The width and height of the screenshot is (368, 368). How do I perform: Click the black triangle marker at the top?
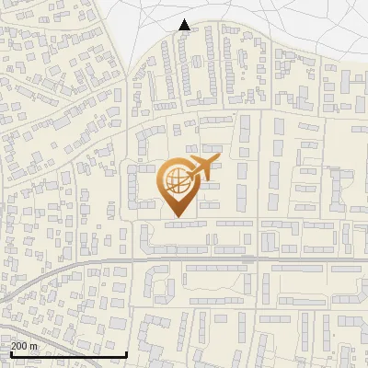(185, 25)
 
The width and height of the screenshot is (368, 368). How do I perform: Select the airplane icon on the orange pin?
(201, 167)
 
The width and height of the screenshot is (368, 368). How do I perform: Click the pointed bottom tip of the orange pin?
(178, 218)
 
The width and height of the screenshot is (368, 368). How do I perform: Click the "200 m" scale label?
(25, 346)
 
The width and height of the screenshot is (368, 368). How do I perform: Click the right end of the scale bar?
(126, 354)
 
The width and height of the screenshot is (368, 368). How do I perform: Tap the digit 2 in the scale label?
(14, 346)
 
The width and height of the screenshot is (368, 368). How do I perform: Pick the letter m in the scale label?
(36, 347)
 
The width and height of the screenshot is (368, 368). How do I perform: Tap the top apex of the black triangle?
(185, 19)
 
